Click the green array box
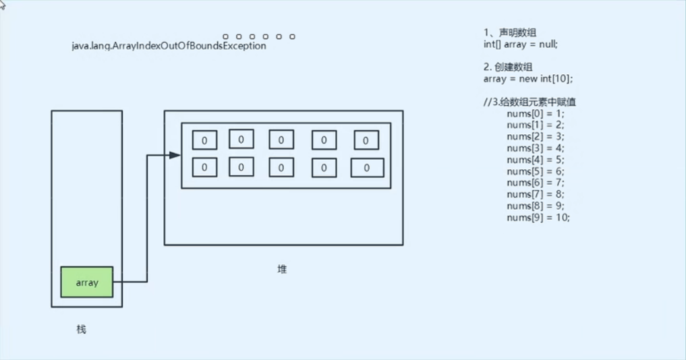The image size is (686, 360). tap(87, 282)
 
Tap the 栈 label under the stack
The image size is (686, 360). tap(82, 330)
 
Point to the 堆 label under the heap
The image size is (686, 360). tap(282, 269)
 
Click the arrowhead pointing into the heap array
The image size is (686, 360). tap(175, 155)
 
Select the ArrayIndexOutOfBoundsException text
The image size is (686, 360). tap(169, 46)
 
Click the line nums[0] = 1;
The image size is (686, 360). tap(535, 113)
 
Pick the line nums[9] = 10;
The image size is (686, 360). tap(538, 217)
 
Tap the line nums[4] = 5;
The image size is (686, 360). tap(535, 160)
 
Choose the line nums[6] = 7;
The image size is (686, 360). tap(535, 183)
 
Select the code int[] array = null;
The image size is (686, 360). tap(520, 44)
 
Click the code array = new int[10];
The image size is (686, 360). tap(527, 78)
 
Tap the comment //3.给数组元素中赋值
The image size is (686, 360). tap(529, 102)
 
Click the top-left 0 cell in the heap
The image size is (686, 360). tap(204, 140)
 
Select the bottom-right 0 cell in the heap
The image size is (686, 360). tap(367, 168)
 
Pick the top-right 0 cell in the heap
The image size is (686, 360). tap(366, 140)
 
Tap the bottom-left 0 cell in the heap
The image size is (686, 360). tap(204, 167)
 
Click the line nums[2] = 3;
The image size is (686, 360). tap(535, 136)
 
